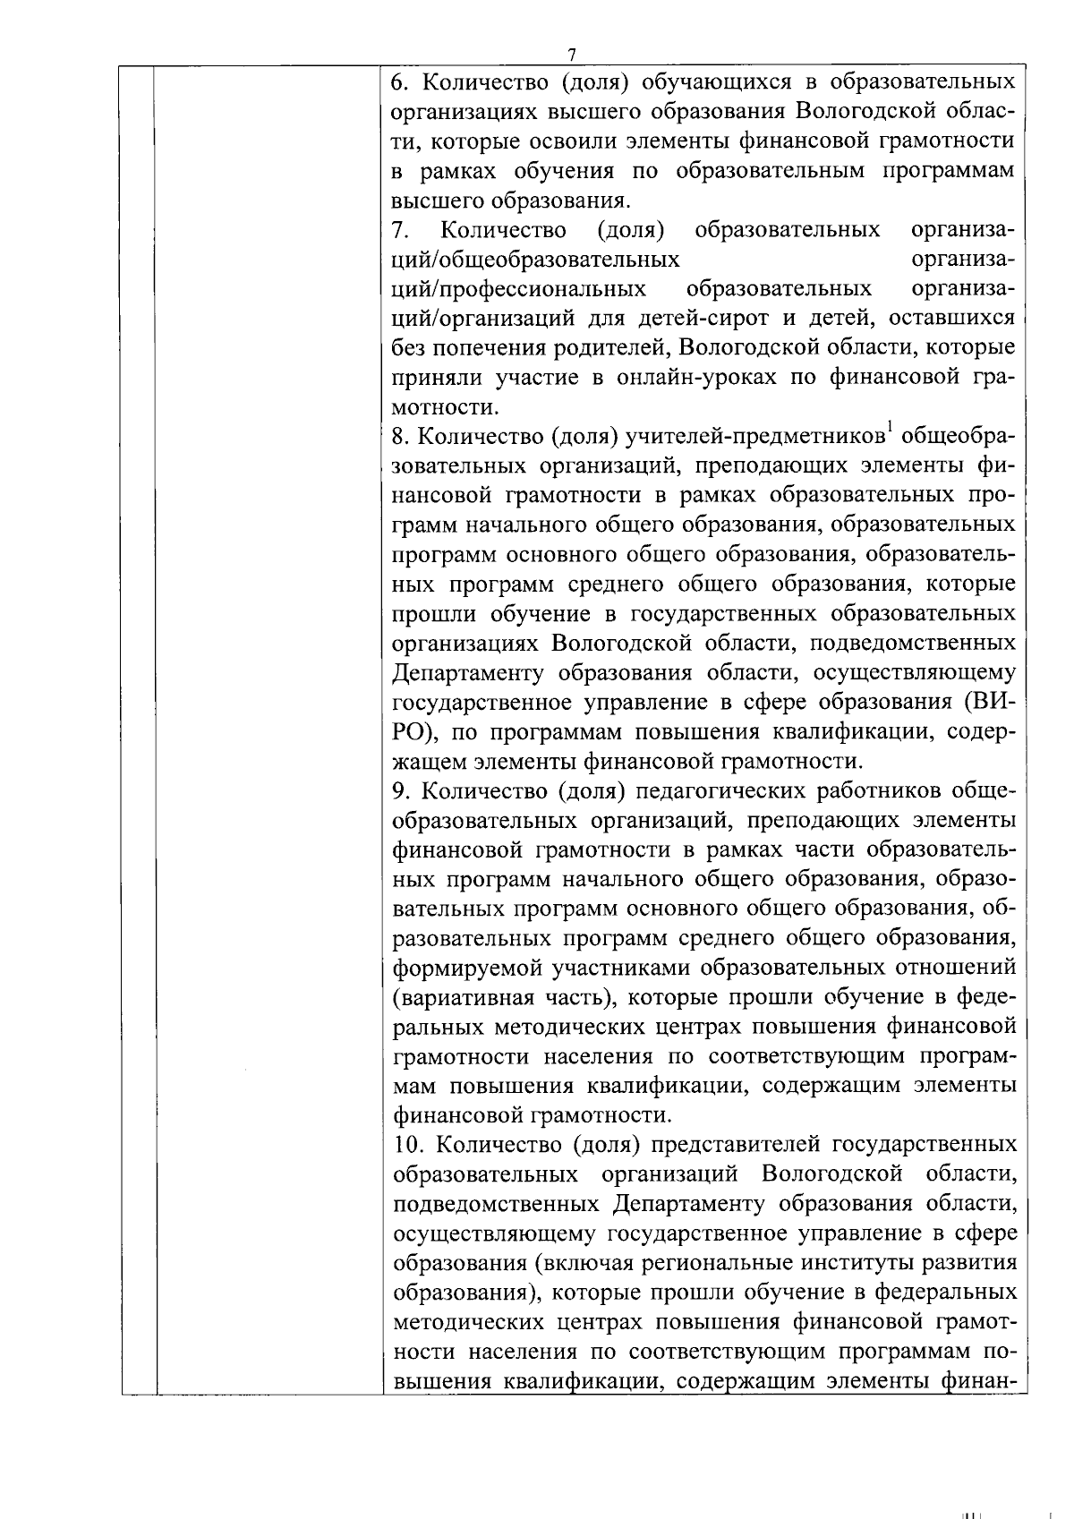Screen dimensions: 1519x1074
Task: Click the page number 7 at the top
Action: (572, 54)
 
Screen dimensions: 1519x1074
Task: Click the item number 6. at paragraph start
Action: (401, 82)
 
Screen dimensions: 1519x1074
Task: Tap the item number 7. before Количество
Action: (400, 231)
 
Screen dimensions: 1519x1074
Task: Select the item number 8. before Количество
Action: (401, 438)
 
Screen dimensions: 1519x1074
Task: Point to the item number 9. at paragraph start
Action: (401, 792)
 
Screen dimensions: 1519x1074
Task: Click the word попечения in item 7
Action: (493, 348)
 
